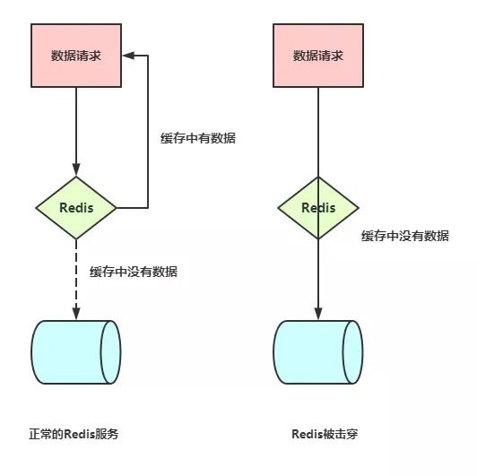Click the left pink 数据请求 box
pyautogui.click(x=75, y=56)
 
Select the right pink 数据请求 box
pyautogui.click(x=317, y=56)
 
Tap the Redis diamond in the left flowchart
pyautogui.click(x=75, y=208)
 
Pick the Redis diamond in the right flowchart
pyautogui.click(x=317, y=208)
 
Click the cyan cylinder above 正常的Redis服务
pyautogui.click(x=75, y=352)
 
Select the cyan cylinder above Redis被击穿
pyautogui.click(x=317, y=352)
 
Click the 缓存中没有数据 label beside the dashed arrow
pyautogui.click(x=134, y=272)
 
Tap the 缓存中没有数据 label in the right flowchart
pyautogui.click(x=405, y=236)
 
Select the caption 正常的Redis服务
pyautogui.click(x=74, y=434)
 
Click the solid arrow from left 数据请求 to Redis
pyautogui.click(x=75, y=130)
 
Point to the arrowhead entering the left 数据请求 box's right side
pyautogui.click(x=126, y=56)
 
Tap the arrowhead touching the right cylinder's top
pyautogui.click(x=317, y=314)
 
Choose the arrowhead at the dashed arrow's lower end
pyautogui.click(x=75, y=314)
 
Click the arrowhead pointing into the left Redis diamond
pyautogui.click(x=75, y=170)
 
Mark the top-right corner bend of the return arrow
pyautogui.click(x=148, y=56)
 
